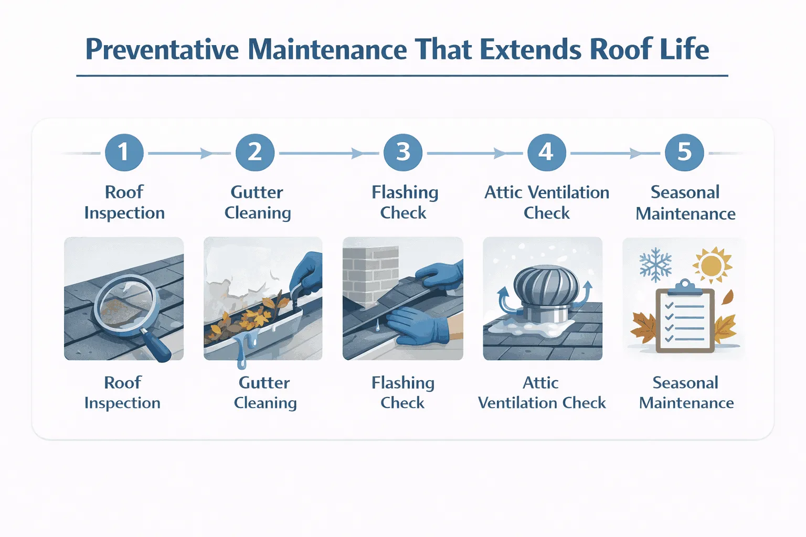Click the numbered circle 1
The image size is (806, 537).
coord(124,153)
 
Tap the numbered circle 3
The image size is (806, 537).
coord(402,153)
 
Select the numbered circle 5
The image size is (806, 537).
coord(684,153)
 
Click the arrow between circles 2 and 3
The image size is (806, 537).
coord(357,154)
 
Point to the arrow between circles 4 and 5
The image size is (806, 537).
coord(635,154)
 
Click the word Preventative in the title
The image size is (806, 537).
coord(162,50)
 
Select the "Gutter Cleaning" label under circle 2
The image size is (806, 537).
coord(257,202)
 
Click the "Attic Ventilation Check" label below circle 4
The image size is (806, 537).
coord(546,202)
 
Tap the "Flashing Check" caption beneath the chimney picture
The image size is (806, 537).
coord(402,392)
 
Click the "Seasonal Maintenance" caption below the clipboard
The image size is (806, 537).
coord(686,392)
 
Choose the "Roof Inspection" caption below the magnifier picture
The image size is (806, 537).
coord(122,392)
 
